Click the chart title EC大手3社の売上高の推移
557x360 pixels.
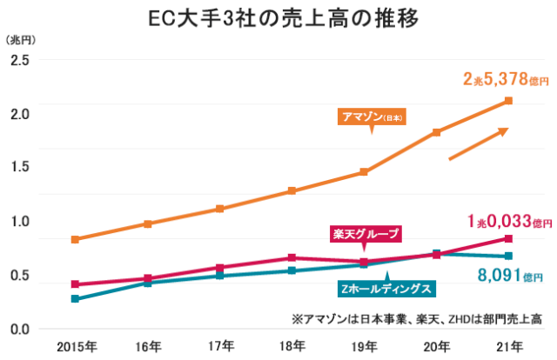(278, 17)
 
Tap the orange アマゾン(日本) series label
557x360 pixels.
(372, 116)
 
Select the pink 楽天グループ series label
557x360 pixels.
(366, 233)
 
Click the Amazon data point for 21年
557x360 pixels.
(508, 101)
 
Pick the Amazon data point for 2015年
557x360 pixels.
(76, 239)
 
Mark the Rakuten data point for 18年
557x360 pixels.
(292, 257)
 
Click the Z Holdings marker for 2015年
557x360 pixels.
(76, 298)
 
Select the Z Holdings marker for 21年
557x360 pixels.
(508, 256)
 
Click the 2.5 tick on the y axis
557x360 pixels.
(18, 60)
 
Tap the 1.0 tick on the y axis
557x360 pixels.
(18, 222)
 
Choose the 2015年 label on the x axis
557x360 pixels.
(76, 346)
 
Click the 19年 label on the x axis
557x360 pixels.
(365, 346)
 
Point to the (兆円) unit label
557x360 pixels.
(18, 40)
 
